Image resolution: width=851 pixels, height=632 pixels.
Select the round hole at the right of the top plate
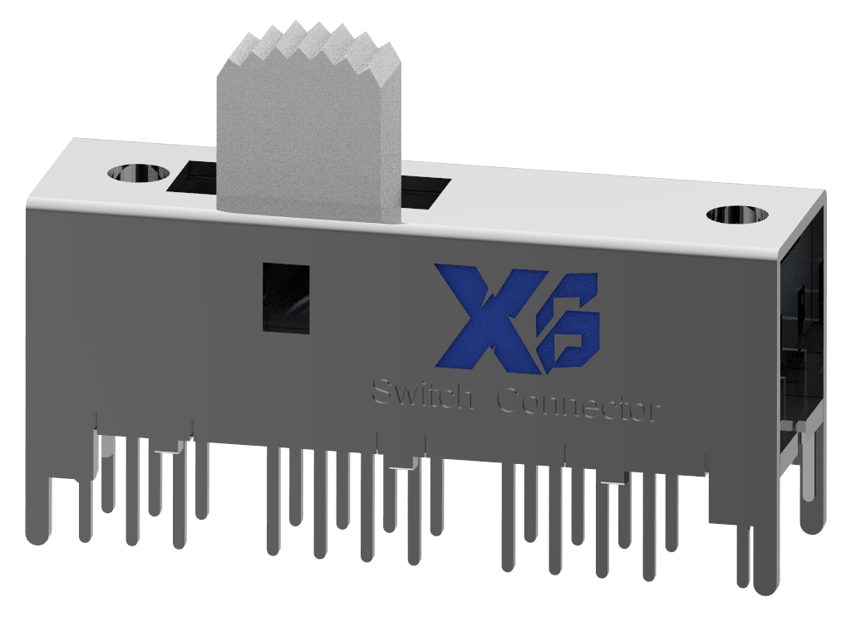(x=735, y=215)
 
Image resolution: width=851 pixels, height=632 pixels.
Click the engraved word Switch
(x=421, y=395)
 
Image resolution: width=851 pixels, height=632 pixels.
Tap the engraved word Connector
(x=578, y=405)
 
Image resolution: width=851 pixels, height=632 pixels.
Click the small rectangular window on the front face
(x=286, y=298)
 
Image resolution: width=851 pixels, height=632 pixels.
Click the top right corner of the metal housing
(x=823, y=193)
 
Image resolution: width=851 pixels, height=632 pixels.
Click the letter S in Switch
(x=383, y=391)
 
